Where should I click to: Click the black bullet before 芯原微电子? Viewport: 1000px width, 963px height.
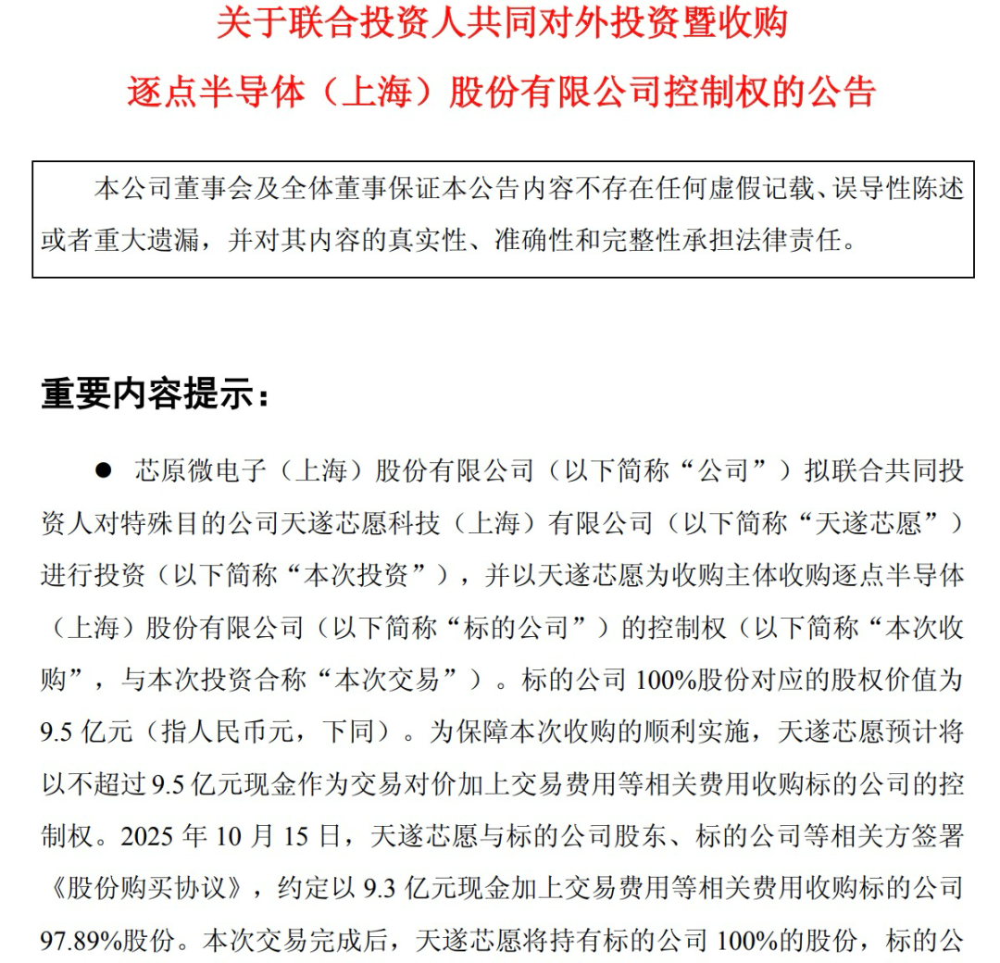[x=103, y=470]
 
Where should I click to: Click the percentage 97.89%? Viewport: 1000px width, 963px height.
[x=87, y=942]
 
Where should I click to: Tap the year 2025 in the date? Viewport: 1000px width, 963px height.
[x=152, y=838]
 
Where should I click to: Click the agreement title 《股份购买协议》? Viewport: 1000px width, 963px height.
[x=147, y=890]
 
